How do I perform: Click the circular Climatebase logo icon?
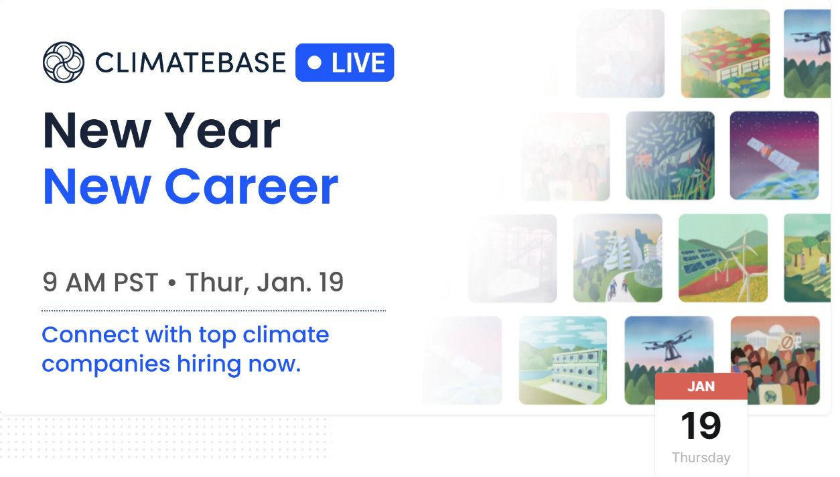[x=64, y=62]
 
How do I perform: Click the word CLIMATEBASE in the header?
[x=190, y=62]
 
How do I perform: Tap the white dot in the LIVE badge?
[x=315, y=62]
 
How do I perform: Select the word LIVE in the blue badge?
[x=358, y=62]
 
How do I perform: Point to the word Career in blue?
[x=251, y=186]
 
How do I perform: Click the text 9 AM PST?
[x=100, y=282]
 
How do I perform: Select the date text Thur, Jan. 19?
[x=265, y=282]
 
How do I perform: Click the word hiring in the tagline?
[x=209, y=364]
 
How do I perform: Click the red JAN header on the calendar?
[x=701, y=387]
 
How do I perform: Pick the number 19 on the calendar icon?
[x=701, y=425]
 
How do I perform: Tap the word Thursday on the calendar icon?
[x=701, y=458]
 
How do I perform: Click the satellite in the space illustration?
[x=773, y=155]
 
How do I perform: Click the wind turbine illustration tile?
[x=723, y=258]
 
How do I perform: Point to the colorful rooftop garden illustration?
[x=725, y=54]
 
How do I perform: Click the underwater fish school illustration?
[x=670, y=155]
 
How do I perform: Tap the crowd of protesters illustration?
[x=775, y=360]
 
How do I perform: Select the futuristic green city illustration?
[x=618, y=258]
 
